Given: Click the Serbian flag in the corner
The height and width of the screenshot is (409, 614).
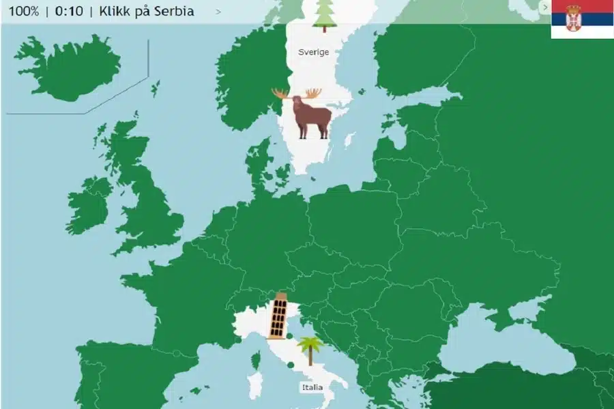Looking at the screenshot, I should pos(582,19).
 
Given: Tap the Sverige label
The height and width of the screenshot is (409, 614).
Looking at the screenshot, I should pos(313,52).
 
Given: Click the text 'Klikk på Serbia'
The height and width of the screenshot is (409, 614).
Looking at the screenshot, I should pos(146,11).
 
